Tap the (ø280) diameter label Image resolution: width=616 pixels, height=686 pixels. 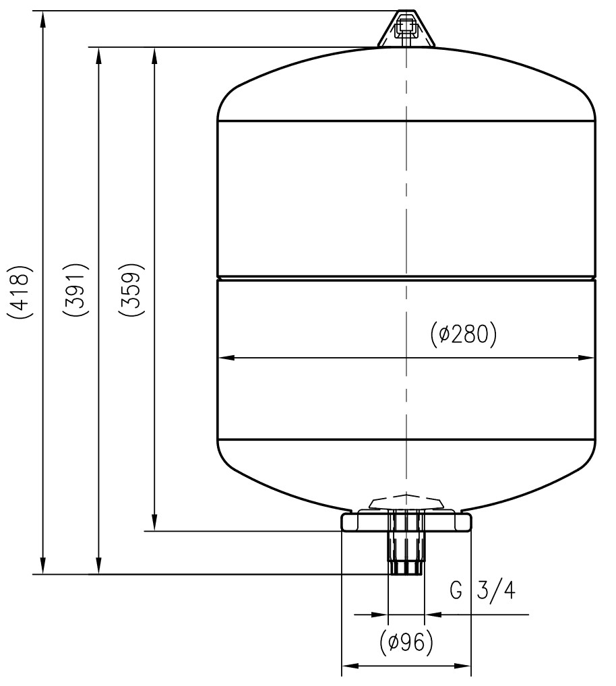462,334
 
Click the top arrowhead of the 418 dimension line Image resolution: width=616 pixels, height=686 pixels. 43,19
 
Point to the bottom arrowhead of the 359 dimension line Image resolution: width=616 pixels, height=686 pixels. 154,524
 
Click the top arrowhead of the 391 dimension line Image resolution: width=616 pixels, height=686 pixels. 99,55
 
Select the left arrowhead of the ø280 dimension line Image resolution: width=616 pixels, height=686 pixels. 226,358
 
